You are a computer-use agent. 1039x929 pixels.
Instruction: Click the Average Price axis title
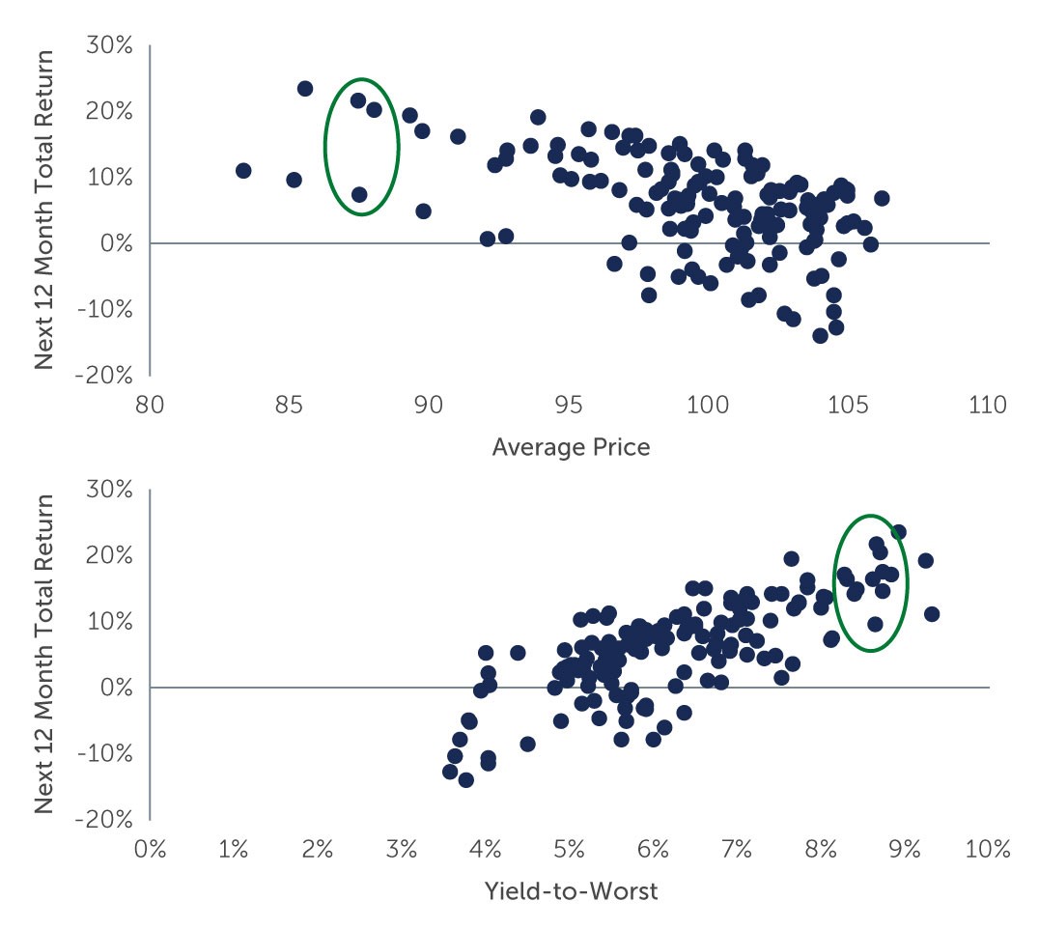click(571, 447)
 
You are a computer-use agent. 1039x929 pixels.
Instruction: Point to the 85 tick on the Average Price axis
click(289, 405)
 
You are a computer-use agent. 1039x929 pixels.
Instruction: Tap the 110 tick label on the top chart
click(985, 405)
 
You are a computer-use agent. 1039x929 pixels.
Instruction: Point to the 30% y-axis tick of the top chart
click(109, 45)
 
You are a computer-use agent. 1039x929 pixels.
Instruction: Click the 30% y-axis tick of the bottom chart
click(109, 489)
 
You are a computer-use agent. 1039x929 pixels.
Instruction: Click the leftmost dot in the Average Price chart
click(243, 171)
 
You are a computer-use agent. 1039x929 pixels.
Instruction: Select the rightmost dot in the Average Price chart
click(882, 198)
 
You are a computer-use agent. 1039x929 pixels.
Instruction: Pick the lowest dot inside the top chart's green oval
click(359, 194)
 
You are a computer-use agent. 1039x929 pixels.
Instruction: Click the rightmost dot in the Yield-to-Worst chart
click(932, 614)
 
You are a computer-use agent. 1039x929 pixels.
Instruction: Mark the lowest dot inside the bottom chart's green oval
click(875, 624)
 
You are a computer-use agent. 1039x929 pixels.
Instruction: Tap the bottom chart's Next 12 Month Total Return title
click(44, 654)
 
